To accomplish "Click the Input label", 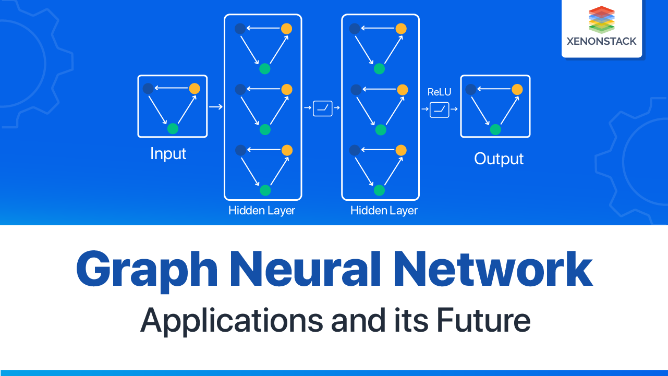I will (168, 154).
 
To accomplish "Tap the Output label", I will (499, 159).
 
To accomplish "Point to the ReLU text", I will (439, 92).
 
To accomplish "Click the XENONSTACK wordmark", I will (601, 41).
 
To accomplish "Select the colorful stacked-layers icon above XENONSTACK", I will (601, 19).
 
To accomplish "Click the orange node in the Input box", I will (195, 89).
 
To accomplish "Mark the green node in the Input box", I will (173, 128).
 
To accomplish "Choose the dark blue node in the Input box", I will (148, 89).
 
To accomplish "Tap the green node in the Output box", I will (495, 129).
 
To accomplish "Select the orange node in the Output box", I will (517, 90).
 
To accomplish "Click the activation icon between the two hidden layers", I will (322, 108).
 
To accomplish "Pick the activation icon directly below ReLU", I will (439, 109).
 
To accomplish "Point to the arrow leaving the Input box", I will (216, 107).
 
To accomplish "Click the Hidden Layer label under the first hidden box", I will (262, 211).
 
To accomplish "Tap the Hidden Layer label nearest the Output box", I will (384, 211).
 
